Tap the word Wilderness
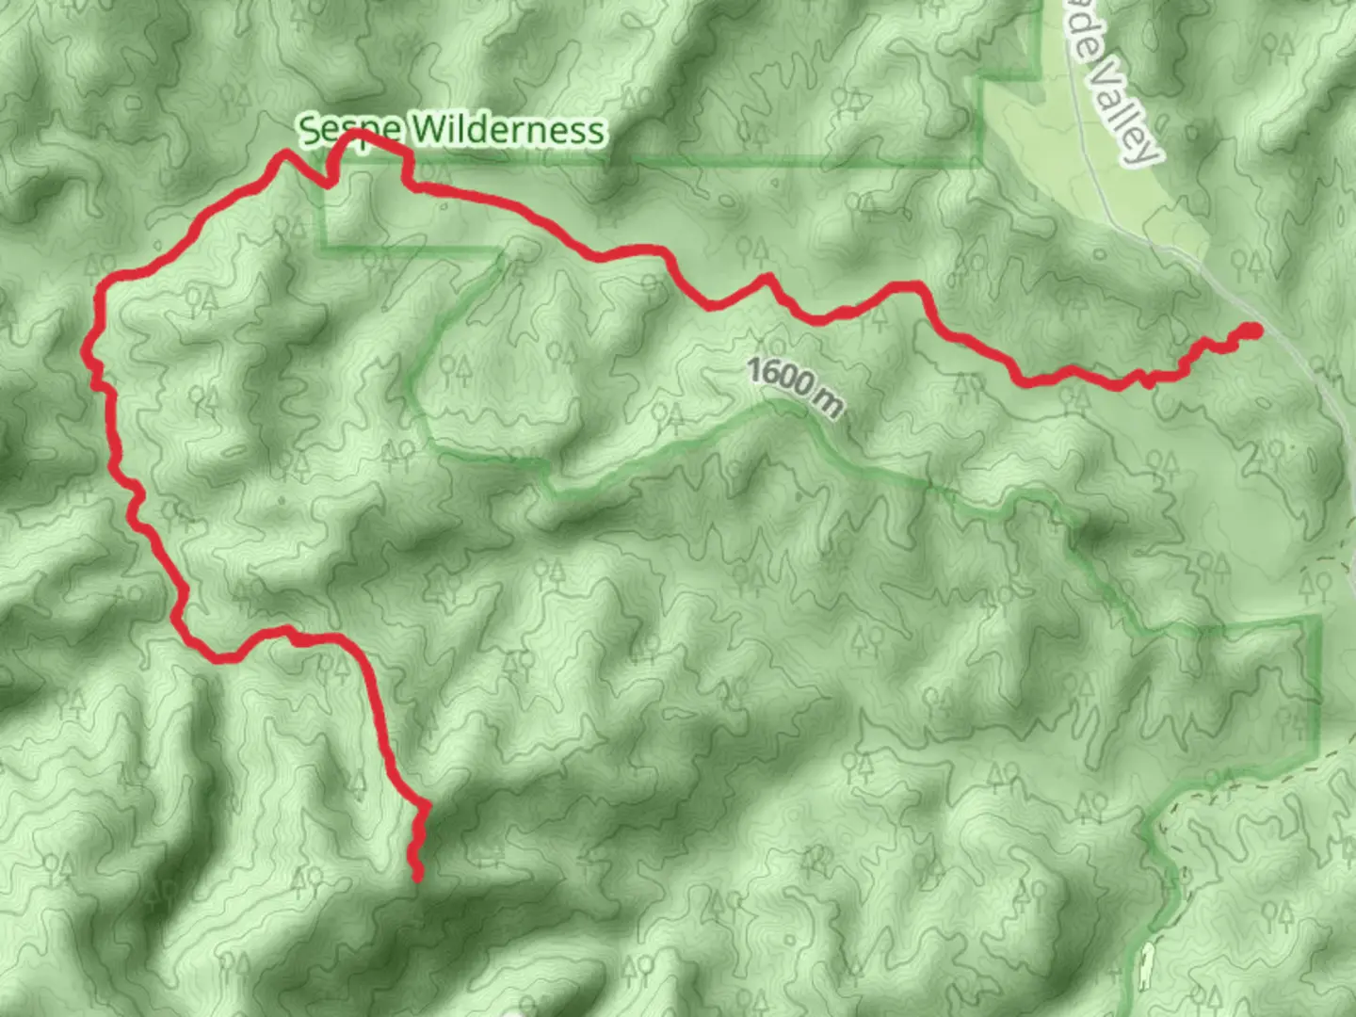(x=507, y=130)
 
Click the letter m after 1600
(x=829, y=403)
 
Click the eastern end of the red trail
(x=1253, y=330)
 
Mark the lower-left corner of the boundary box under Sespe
(x=322, y=249)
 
